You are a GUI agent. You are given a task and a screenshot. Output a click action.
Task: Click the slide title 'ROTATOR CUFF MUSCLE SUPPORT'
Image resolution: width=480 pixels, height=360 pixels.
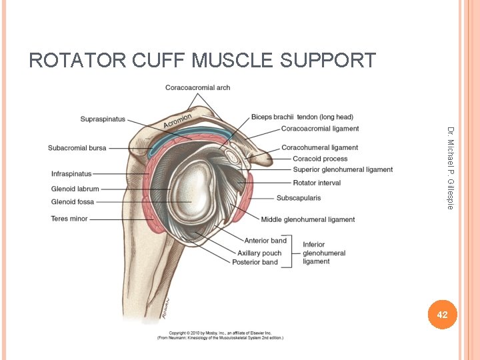202,61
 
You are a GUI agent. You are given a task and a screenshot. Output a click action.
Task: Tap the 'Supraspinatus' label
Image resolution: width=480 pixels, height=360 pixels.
103,119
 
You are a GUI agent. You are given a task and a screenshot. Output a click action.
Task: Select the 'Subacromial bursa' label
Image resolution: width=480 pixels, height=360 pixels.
77,147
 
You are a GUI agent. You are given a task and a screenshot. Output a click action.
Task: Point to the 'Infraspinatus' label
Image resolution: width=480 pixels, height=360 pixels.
71,174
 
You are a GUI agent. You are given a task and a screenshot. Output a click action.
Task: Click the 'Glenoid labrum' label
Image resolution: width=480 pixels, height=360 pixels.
75,189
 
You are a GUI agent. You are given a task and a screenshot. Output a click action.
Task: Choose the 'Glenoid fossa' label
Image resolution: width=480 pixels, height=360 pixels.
73,201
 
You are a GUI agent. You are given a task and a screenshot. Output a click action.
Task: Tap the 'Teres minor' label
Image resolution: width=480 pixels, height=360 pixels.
69,219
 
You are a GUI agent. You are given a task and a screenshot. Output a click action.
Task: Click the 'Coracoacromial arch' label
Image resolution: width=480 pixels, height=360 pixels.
197,87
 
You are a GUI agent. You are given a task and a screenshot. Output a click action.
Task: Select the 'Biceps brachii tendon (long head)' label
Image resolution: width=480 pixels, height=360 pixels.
302,117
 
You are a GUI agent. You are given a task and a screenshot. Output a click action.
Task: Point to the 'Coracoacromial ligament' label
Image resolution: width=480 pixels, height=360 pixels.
320,129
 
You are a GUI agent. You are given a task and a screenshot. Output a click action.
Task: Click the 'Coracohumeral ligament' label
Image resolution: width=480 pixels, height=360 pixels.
319,147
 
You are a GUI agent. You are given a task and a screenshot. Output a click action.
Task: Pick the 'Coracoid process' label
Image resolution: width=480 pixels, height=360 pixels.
320,159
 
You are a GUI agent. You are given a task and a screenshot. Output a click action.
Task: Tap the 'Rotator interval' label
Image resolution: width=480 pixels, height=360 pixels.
317,183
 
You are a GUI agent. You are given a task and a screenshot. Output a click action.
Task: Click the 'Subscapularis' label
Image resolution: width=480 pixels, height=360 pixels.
298,198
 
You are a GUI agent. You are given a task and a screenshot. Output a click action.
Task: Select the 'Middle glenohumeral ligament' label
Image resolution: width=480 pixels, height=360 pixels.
307,219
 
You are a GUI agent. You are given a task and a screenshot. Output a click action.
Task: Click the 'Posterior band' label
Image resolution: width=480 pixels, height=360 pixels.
255,262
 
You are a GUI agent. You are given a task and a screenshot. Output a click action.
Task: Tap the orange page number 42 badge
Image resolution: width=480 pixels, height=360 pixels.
441,314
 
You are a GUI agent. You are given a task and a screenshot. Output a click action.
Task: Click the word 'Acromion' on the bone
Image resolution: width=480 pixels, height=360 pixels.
178,120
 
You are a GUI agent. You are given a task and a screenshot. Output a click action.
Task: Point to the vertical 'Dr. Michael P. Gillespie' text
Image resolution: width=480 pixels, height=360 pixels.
450,167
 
